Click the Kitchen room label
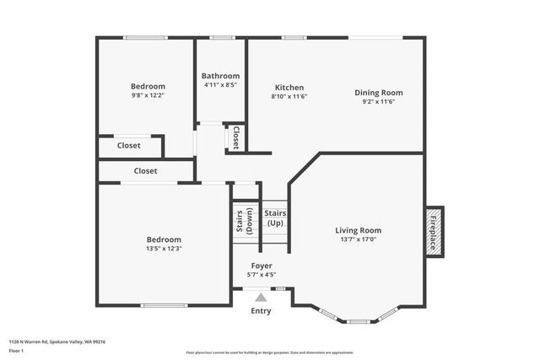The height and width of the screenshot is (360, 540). click(289, 88)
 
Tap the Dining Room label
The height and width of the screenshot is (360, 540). click(378, 93)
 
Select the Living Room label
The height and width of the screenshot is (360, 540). click(358, 230)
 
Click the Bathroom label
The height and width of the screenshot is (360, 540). click(220, 76)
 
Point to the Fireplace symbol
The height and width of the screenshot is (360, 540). click(434, 230)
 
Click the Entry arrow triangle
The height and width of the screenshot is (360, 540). click(261, 297)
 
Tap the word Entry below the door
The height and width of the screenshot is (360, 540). click(261, 311)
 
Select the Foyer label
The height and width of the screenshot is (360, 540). click(261, 266)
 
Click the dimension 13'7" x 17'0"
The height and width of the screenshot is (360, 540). click(358, 240)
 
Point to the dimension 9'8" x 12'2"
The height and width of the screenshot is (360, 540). click(148, 96)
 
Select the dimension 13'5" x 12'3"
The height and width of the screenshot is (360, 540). click(164, 249)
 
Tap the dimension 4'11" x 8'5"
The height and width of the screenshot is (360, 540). click(220, 85)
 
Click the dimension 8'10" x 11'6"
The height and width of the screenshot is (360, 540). click(289, 98)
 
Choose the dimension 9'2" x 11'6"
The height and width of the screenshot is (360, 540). click(378, 102)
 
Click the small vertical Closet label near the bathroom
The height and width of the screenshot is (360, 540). click(235, 138)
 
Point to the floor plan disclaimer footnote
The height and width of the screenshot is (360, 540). click(269, 352)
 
